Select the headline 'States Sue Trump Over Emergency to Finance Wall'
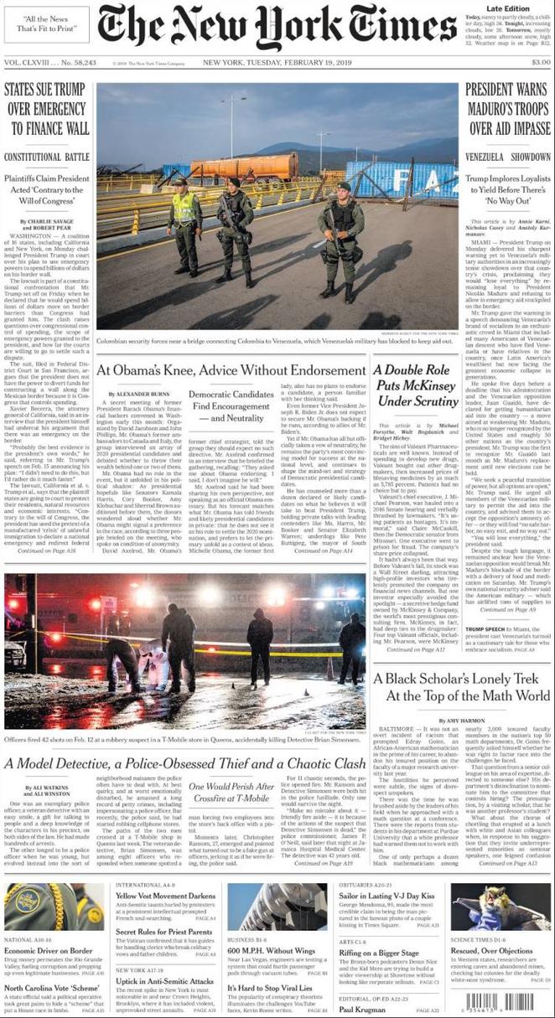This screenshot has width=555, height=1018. (x=47, y=109)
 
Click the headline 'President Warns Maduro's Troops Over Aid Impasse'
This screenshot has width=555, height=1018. (x=508, y=109)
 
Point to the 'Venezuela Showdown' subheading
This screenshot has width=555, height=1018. (x=508, y=157)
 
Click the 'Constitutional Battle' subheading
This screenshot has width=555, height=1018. (x=47, y=157)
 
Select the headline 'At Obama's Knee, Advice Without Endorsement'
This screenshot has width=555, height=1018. (x=231, y=369)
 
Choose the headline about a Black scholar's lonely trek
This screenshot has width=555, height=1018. (x=462, y=687)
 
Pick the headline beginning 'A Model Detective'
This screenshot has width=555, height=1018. (x=184, y=763)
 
